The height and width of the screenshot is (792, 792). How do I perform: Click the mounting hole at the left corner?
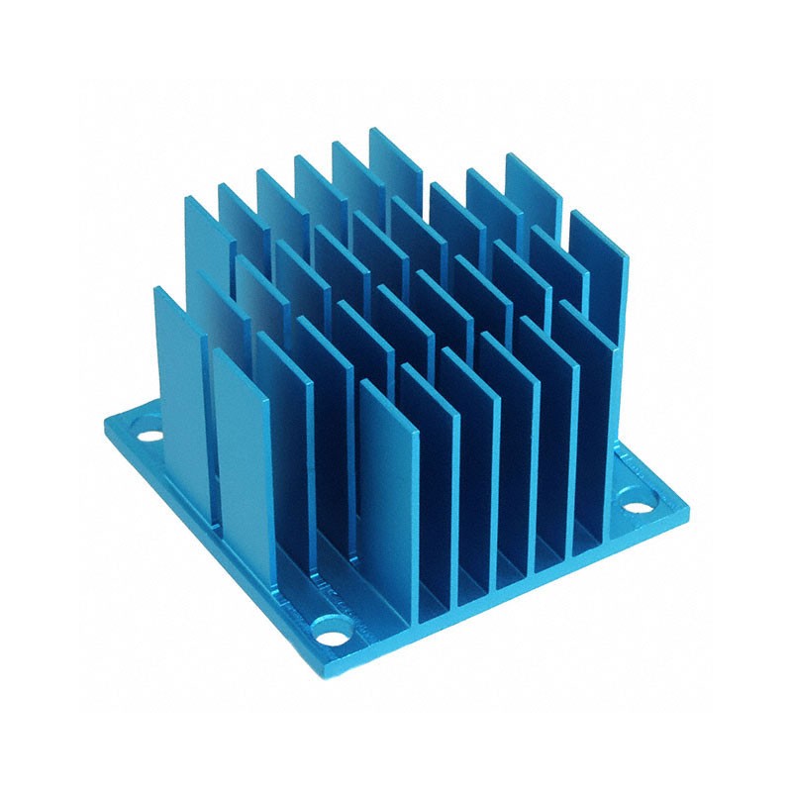coord(148,434)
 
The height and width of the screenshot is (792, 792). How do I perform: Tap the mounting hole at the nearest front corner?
coord(330,626)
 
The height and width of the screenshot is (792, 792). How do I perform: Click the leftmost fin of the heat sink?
coord(178,386)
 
